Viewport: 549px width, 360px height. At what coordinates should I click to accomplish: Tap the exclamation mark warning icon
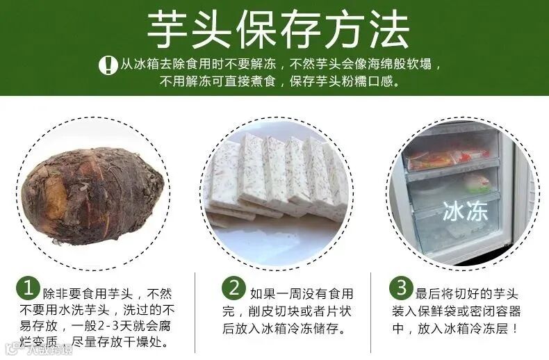pos(108,65)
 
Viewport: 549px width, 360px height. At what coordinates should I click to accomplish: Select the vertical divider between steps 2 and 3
pos(376,309)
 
